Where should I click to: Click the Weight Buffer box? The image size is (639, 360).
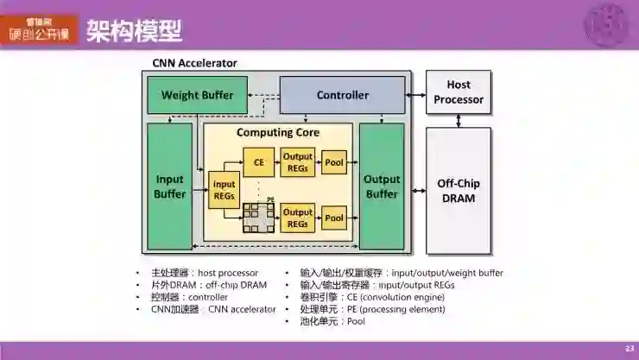pyautogui.click(x=197, y=95)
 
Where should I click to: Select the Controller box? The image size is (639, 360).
pyautogui.click(x=342, y=95)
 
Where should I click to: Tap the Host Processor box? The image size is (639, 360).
pyautogui.click(x=459, y=92)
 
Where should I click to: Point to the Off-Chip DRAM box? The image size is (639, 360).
pyautogui.click(x=459, y=191)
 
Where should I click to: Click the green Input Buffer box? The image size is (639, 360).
pyautogui.click(x=170, y=186)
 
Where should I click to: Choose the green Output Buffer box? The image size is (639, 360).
pyautogui.click(x=382, y=186)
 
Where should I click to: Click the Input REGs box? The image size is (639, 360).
pyautogui.click(x=225, y=190)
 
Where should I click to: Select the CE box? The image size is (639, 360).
pyautogui.click(x=257, y=162)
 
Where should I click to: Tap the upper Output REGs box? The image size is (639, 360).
pyautogui.click(x=298, y=162)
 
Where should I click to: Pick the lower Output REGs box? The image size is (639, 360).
pyautogui.click(x=298, y=218)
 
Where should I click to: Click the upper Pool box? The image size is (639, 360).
pyautogui.click(x=334, y=162)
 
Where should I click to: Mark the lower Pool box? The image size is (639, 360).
pyautogui.click(x=334, y=218)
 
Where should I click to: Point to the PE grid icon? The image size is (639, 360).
pyautogui.click(x=257, y=218)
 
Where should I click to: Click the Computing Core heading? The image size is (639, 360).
pyautogui.click(x=278, y=133)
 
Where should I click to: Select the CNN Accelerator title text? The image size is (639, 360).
pyautogui.click(x=194, y=63)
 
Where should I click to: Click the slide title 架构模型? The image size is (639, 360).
pyautogui.click(x=135, y=32)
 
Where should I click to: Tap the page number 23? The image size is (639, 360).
pyautogui.click(x=629, y=347)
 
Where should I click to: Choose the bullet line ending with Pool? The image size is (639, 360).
pyautogui.click(x=332, y=321)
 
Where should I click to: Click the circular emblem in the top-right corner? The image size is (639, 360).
pyautogui.click(x=608, y=24)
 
